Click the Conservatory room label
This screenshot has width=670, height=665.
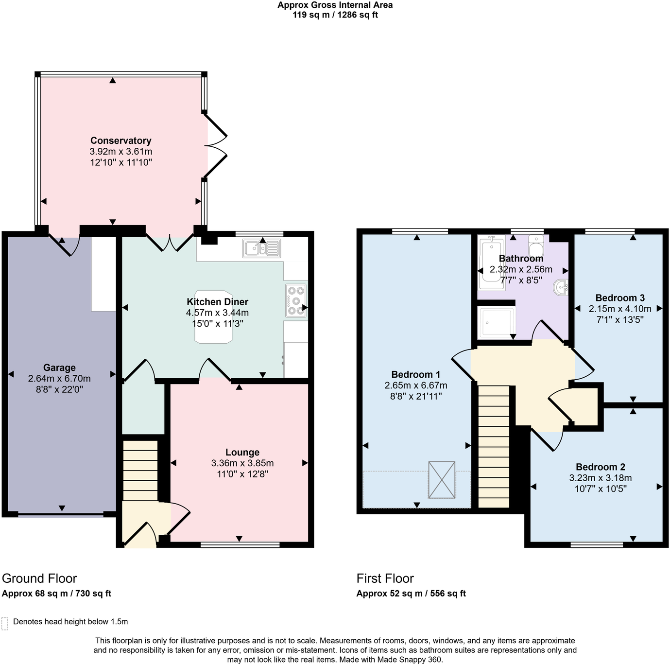(x=120, y=140)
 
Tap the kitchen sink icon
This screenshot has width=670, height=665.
(x=261, y=248)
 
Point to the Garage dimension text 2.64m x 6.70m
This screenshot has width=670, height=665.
(x=59, y=378)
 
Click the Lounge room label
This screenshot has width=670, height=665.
(x=242, y=452)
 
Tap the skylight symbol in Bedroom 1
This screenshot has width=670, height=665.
(x=442, y=480)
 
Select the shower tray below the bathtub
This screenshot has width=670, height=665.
(x=496, y=322)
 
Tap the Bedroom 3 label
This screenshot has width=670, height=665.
(x=619, y=297)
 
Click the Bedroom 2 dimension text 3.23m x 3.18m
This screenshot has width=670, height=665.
(x=600, y=478)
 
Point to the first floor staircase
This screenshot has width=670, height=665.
(x=494, y=446)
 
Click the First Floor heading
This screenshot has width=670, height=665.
(x=385, y=578)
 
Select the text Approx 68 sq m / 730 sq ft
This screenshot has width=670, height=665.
(x=56, y=593)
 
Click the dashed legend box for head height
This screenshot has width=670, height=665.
(x=5, y=623)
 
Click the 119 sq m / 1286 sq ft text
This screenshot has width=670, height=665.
(x=335, y=15)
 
